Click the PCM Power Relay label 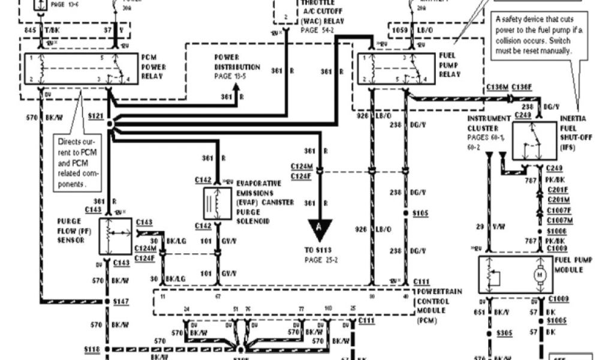[153, 67]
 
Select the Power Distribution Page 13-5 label [237, 67]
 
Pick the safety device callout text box [533, 35]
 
